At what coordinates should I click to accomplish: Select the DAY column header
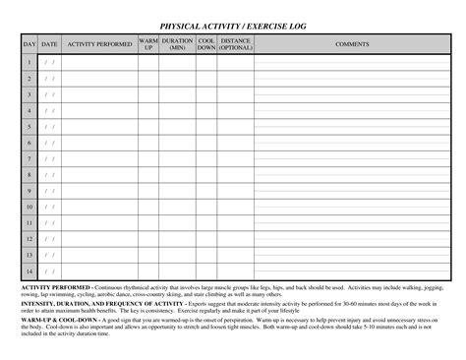click(29, 44)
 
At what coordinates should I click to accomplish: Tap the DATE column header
click(49, 44)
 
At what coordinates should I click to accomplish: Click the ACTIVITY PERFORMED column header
click(99, 44)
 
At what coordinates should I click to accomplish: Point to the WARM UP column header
click(148, 44)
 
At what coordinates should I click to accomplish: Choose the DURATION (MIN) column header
click(177, 44)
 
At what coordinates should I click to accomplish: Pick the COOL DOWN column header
click(205, 44)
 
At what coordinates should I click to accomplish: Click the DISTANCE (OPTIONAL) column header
click(235, 44)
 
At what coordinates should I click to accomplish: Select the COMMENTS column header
click(352, 44)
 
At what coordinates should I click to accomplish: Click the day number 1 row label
click(29, 62)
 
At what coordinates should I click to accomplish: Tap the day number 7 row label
click(29, 158)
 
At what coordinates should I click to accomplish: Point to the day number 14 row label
click(29, 270)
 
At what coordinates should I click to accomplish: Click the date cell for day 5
click(49, 127)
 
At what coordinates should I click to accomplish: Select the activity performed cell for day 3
click(99, 94)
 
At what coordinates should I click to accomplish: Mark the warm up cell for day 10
click(148, 207)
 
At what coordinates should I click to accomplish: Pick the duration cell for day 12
click(177, 239)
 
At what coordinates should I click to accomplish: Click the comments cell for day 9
click(352, 191)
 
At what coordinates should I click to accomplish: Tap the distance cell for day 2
click(235, 79)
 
